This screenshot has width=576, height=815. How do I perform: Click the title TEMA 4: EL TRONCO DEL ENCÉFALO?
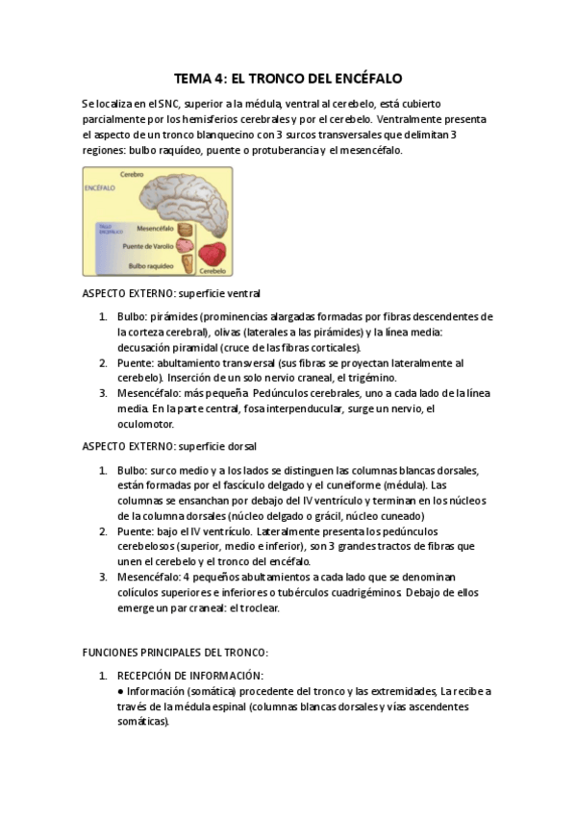click(x=288, y=78)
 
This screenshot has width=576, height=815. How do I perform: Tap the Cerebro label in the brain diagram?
click(x=132, y=175)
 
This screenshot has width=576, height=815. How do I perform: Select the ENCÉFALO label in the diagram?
click(x=100, y=188)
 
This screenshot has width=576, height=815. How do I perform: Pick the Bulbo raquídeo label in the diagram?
click(x=150, y=264)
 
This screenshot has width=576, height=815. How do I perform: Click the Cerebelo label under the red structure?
click(x=213, y=271)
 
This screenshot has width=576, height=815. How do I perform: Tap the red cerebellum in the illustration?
click(x=213, y=253)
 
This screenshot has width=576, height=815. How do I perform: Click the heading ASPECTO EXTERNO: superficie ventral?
click(x=171, y=293)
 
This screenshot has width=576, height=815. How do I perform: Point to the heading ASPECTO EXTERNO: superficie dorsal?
click(x=169, y=447)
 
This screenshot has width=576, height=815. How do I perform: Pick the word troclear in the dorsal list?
click(x=279, y=607)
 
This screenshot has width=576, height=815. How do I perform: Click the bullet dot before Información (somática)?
click(x=119, y=691)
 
